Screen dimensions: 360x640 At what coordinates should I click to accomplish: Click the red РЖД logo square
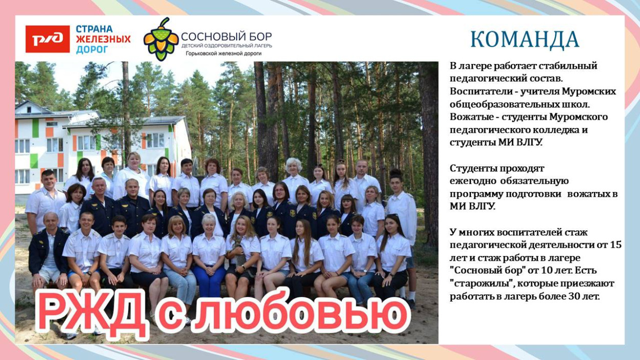tap(48, 39)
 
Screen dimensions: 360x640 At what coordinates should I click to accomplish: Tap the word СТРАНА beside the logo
tap(95, 29)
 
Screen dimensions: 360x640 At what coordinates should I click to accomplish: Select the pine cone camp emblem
tap(161, 39)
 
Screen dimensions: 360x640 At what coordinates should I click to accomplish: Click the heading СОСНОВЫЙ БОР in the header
tap(226, 36)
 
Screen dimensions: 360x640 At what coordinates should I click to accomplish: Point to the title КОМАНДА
tap(525, 39)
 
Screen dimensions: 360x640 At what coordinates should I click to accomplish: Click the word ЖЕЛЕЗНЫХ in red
tap(103, 39)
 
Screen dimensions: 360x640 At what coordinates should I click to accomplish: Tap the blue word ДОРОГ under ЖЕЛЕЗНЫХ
tap(92, 50)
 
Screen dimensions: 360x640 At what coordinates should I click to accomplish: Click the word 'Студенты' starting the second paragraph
tap(471, 168)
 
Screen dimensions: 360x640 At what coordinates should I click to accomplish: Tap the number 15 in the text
tap(616, 245)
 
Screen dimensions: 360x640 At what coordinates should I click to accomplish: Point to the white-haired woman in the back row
tap(294, 169)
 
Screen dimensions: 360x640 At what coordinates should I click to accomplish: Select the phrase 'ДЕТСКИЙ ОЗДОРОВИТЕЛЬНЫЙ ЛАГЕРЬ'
tap(226, 46)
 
